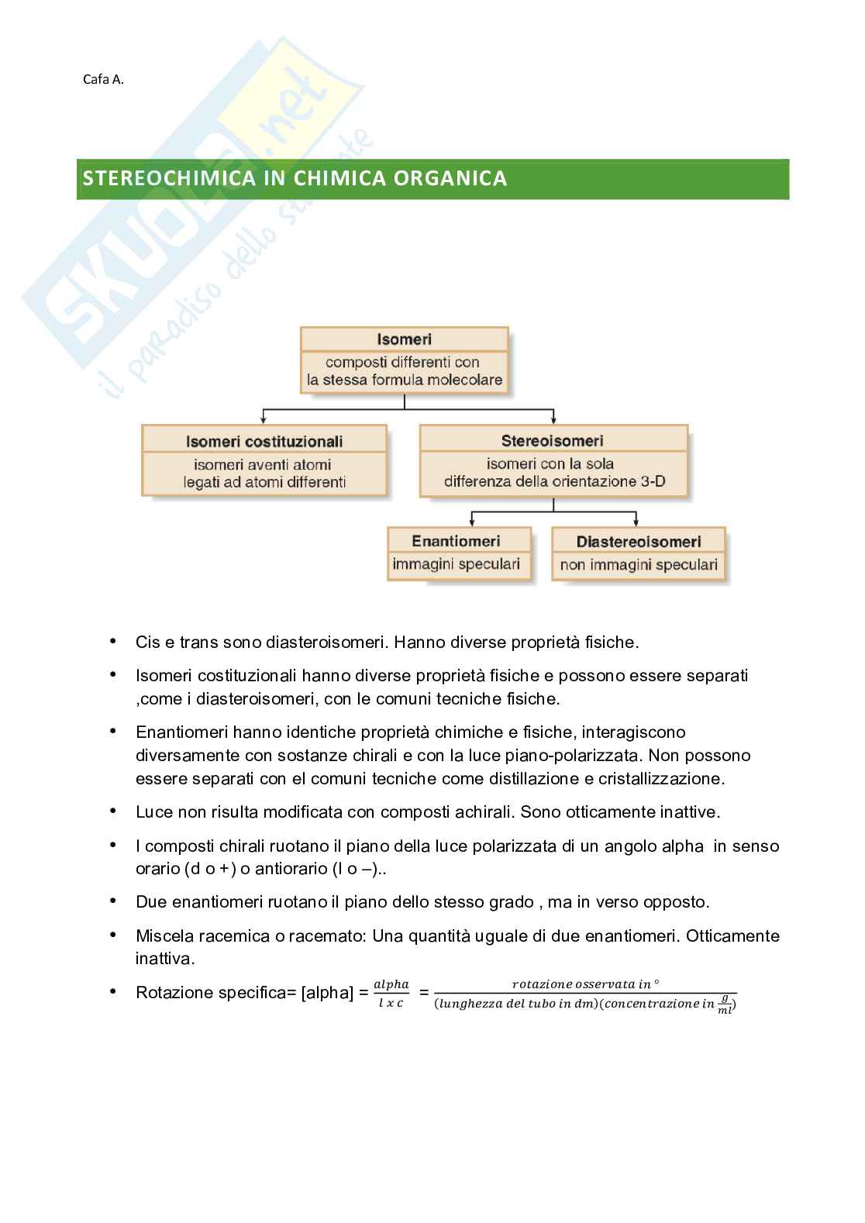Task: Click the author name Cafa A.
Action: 103,78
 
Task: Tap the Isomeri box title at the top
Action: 404,339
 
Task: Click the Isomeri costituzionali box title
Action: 264,442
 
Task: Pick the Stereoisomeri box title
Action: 553,441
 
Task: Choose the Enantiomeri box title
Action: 456,541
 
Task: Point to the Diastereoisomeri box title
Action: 639,542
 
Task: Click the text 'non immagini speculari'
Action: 639,565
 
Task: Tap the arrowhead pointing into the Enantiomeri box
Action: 472,524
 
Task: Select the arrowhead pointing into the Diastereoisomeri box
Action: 636,524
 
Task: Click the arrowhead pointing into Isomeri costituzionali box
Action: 264,421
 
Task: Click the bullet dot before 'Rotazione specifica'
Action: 113,991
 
